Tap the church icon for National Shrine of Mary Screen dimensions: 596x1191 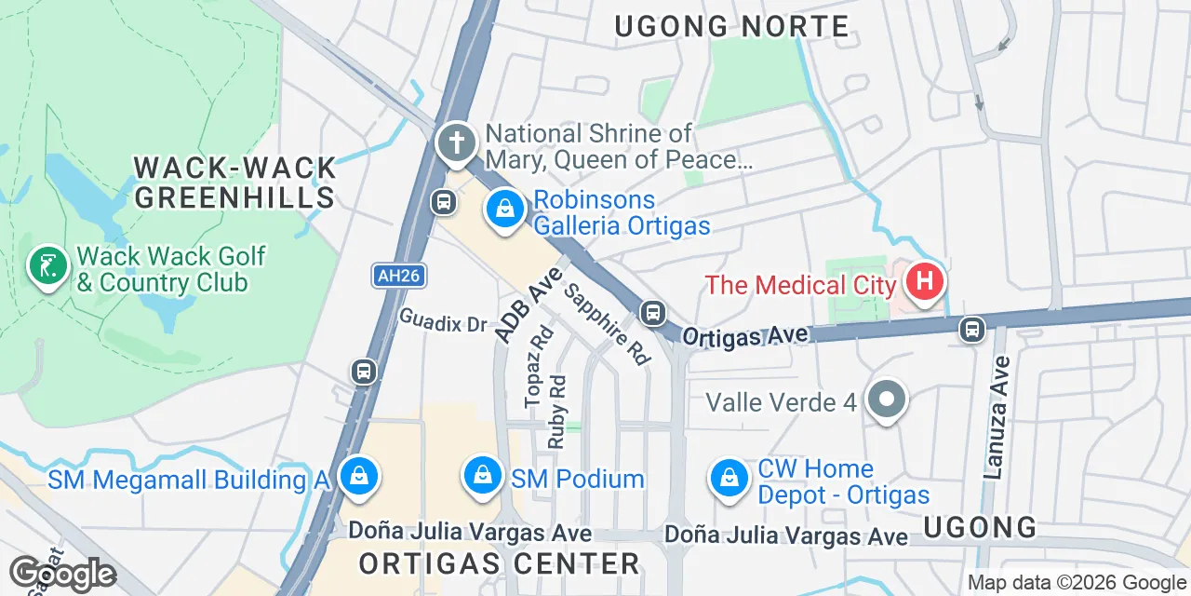click(x=456, y=144)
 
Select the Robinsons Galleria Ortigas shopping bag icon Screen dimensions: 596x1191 click(x=504, y=210)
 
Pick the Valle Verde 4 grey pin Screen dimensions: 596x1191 click(x=886, y=401)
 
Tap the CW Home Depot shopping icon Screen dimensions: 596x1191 click(x=730, y=479)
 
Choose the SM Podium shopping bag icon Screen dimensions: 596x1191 click(x=483, y=477)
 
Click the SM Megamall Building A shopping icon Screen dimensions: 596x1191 click(x=357, y=478)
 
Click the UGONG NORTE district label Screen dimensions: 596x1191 click(x=732, y=27)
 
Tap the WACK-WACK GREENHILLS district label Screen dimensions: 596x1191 click(x=234, y=183)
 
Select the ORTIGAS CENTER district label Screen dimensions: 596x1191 click(x=500, y=563)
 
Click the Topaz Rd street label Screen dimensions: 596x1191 click(x=539, y=366)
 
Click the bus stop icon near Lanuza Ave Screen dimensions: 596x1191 click(x=972, y=328)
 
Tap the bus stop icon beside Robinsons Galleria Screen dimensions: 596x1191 click(x=444, y=201)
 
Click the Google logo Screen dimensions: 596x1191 click(x=62, y=575)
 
